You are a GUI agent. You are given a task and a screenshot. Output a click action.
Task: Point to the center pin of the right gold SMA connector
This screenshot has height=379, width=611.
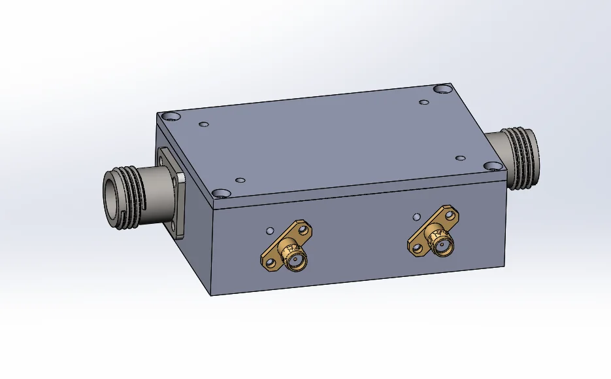444,247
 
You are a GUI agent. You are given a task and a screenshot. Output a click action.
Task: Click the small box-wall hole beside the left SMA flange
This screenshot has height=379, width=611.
269,230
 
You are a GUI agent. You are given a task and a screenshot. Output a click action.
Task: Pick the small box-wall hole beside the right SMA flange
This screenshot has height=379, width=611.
416,216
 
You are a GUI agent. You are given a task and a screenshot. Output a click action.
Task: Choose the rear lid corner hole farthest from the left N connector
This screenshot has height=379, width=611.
443,88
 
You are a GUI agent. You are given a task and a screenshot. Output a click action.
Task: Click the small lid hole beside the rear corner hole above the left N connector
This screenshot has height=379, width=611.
203,124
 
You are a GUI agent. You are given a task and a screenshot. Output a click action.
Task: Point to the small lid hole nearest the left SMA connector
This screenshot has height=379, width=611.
240,179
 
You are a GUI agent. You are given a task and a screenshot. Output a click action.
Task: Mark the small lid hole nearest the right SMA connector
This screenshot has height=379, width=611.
459,158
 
